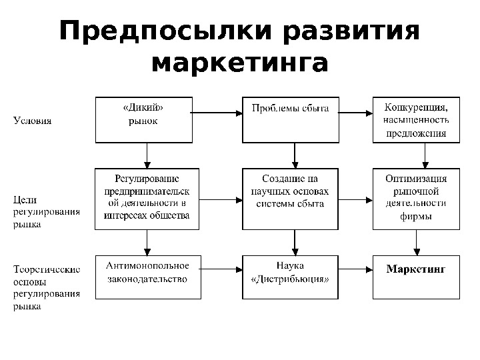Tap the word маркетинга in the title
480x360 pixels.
[x=240, y=65]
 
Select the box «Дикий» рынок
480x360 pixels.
[x=143, y=120]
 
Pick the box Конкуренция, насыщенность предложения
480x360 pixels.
[x=416, y=120]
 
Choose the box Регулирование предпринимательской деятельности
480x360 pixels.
[x=147, y=198]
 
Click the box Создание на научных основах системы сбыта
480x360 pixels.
[x=290, y=198]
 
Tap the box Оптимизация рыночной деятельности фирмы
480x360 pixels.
[x=416, y=198]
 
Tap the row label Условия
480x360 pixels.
[x=33, y=121]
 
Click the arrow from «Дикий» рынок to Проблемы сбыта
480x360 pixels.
[x=216, y=113]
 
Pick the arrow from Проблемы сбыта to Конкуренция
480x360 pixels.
[x=355, y=113]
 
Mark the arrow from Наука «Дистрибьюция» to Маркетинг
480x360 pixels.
[x=355, y=271]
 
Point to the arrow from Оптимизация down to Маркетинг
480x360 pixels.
[x=417, y=241]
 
